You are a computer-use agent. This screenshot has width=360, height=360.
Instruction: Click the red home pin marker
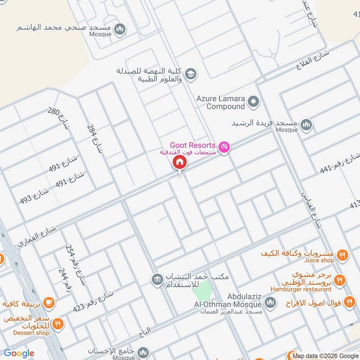coord(180,162)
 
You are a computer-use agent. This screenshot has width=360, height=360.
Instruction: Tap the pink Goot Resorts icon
coord(224,147)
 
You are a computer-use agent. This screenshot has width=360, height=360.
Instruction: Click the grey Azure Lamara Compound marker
coord(254,102)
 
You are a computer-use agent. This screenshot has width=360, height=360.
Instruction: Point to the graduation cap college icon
coord(191,73)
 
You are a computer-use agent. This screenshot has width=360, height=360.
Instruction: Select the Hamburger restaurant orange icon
coord(340,279)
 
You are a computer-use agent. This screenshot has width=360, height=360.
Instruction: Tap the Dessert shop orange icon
coord(57,323)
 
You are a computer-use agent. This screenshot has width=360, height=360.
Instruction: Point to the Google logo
coord(19,353)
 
